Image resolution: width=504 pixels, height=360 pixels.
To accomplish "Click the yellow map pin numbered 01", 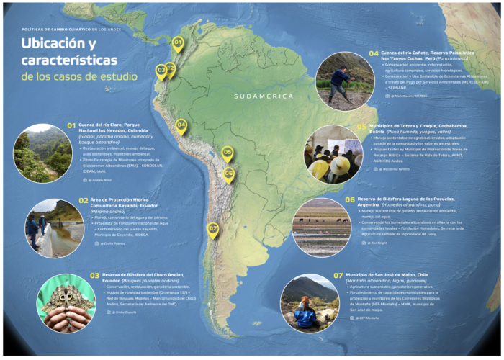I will coord(178,43).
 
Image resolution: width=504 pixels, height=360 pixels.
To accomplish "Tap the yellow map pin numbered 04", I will coord(181,125).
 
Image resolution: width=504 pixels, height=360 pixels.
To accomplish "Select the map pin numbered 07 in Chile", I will coord(212,228).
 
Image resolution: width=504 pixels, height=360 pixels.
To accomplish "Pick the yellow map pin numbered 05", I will coord(228,152).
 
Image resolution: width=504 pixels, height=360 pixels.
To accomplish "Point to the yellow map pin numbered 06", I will coord(229,173).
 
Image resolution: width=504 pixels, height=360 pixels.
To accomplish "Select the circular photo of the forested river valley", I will coord(42,153).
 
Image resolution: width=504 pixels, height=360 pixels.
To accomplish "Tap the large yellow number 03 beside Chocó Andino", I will coord(94,275).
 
